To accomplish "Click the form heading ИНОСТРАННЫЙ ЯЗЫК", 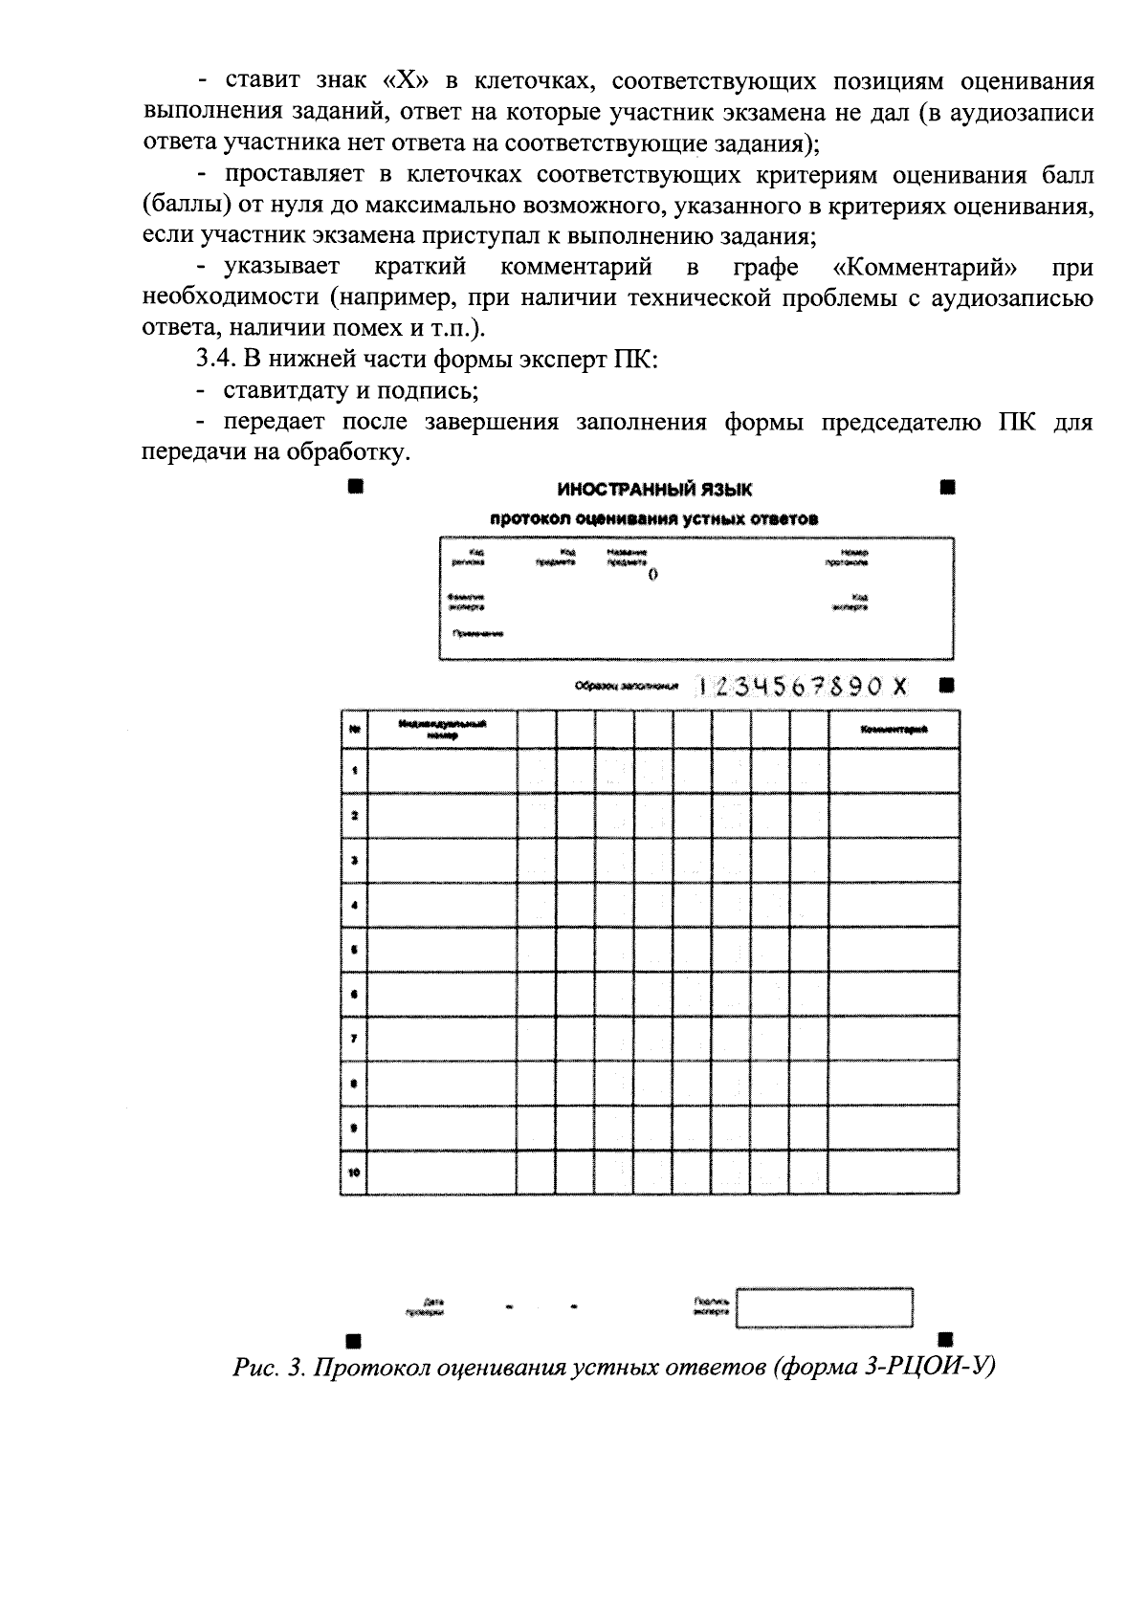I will point(654,490).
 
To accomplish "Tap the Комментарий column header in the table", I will point(894,730).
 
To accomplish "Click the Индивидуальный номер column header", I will point(442,730).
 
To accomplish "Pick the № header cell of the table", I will point(354,730).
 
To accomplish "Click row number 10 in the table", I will point(354,1173).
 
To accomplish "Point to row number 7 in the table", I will point(354,1038).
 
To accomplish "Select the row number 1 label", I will point(354,770).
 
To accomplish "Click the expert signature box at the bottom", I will point(824,1307).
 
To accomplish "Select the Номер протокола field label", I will point(848,558).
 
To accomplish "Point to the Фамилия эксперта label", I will point(467,602).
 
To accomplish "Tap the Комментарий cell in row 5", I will point(894,950).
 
